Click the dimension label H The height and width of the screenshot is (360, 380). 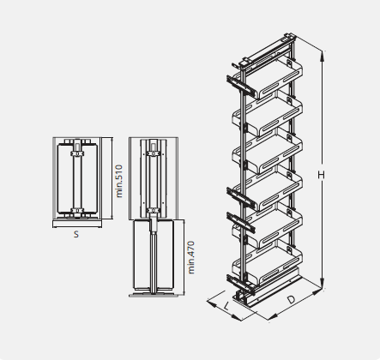pyautogui.click(x=321, y=175)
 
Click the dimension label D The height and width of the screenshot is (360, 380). pyautogui.click(x=291, y=300)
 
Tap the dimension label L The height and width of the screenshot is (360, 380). pyautogui.click(x=226, y=307)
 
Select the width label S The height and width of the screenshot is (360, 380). pyautogui.click(x=75, y=234)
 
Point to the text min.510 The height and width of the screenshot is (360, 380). pyautogui.click(x=119, y=181)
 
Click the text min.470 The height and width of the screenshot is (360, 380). pyautogui.click(x=191, y=257)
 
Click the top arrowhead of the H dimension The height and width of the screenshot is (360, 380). pyautogui.click(x=323, y=57)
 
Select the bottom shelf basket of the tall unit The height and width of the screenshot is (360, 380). pyautogui.click(x=268, y=264)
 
